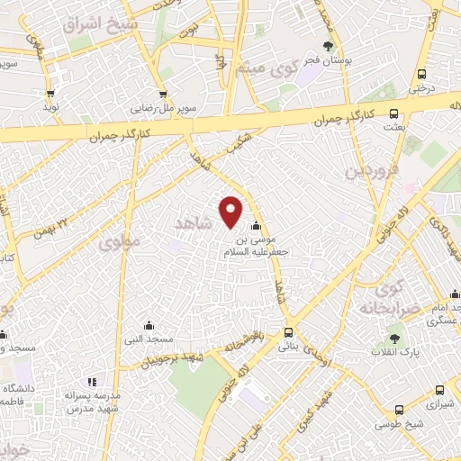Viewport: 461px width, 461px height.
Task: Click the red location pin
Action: click(232, 210)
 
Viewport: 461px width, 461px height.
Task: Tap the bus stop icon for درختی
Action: click(420, 76)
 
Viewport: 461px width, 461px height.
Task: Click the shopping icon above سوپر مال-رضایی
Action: click(162, 94)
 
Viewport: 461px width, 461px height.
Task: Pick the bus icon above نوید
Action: click(50, 93)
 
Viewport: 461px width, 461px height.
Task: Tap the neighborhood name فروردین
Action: click(363, 169)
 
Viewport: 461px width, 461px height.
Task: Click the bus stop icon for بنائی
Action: click(289, 331)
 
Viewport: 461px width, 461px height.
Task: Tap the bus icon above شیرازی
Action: click(438, 391)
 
